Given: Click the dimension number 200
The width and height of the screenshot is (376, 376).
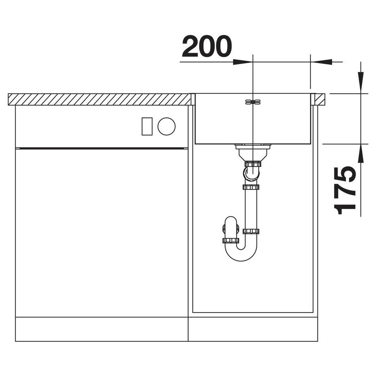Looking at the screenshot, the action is [207, 47].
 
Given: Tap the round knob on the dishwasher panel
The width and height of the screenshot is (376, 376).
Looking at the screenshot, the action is [166, 126].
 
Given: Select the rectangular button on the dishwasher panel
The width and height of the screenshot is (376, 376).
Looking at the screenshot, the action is [147, 126].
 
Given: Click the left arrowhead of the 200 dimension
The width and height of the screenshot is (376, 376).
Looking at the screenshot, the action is [243, 62].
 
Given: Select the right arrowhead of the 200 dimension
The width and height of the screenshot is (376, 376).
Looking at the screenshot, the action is [321, 62].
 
